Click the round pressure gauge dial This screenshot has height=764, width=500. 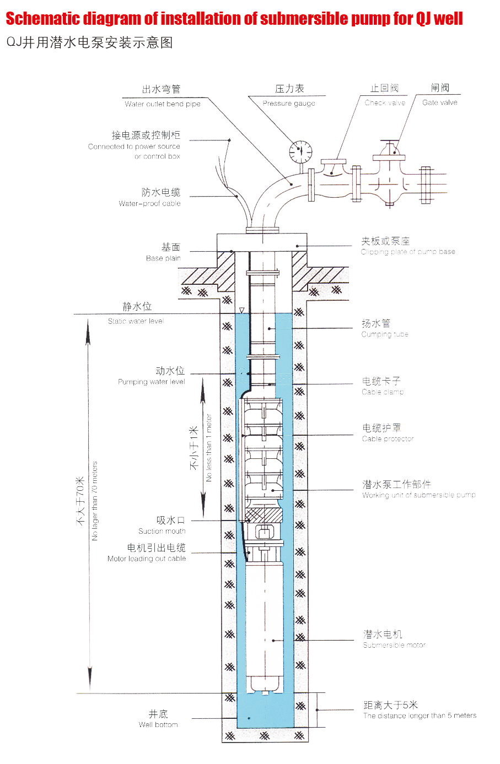coord(300,151)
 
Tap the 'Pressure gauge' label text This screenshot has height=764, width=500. coord(289,104)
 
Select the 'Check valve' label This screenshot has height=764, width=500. coord(385,102)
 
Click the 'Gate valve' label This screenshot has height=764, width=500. coord(440,102)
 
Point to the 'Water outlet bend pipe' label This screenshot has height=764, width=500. coord(163,104)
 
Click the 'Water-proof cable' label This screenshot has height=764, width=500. coord(149,204)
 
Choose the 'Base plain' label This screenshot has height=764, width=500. coord(163,258)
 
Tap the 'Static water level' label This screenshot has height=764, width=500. coord(136,321)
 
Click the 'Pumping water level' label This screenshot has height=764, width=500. coord(152,382)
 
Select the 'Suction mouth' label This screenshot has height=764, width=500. coord(162,531)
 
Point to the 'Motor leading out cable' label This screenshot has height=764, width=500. coord(147,559)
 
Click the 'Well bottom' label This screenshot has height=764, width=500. coord(158,725)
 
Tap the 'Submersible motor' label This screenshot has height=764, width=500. coord(394,645)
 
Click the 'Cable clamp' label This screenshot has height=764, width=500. coord(383,392)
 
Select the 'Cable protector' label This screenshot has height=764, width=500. coord(388,439)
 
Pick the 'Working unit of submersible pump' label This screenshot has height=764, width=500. coord(418,495)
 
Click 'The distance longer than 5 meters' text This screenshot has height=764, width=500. coord(420,716)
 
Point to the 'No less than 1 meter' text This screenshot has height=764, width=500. coord(209,448)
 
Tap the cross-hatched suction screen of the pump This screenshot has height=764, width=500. coord(264,516)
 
